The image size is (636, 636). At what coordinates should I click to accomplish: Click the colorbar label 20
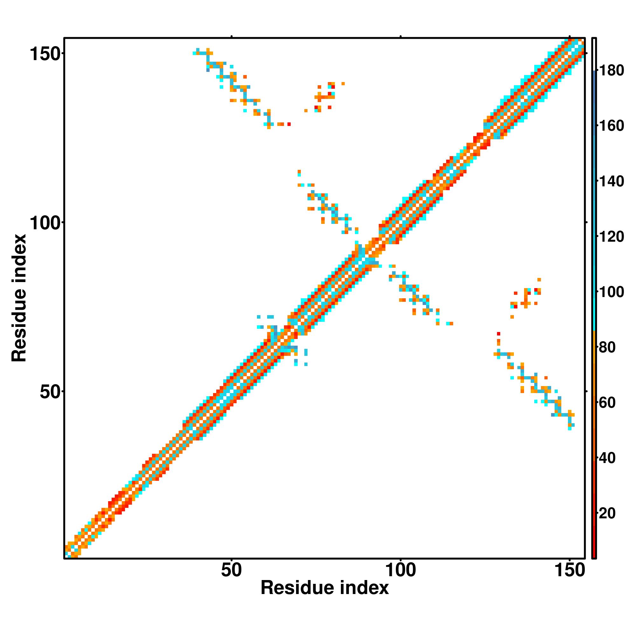click(607, 514)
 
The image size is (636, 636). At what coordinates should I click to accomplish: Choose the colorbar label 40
click(607, 458)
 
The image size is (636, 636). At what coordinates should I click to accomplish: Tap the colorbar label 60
click(607, 403)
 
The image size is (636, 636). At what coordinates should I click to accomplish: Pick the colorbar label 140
click(611, 181)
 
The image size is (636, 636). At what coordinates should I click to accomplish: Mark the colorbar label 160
click(611, 126)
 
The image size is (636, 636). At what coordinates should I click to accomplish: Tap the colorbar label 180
click(611, 71)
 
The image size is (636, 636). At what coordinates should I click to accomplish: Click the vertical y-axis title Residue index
click(19, 298)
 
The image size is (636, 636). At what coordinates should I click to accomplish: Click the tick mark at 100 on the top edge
click(401, 37)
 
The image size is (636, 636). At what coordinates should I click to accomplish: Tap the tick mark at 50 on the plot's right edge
click(586, 391)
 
